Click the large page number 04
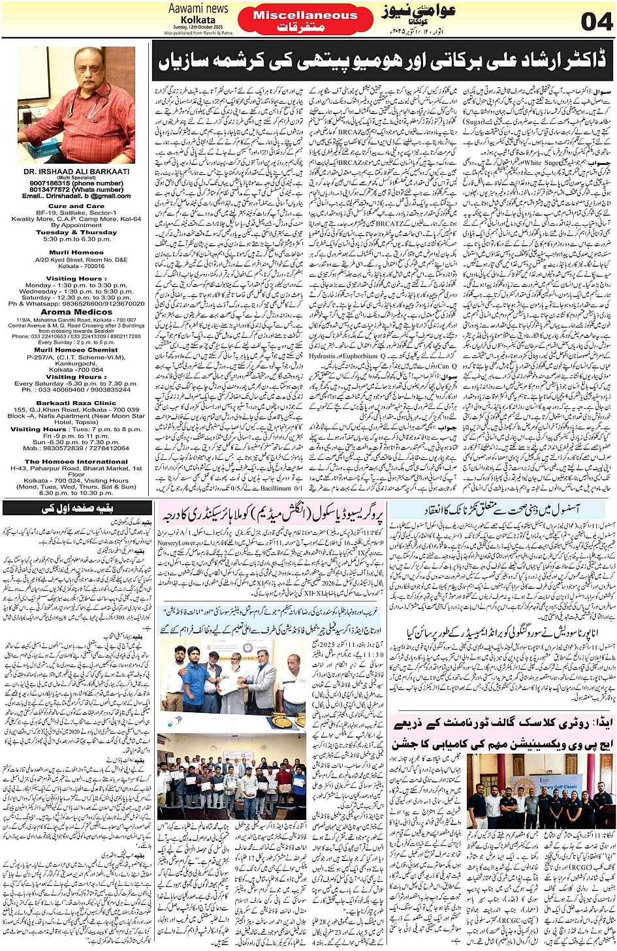point(595,22)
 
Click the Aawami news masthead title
point(198,8)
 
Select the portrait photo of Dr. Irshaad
point(76,104)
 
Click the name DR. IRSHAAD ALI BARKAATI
point(76,172)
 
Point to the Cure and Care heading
point(76,206)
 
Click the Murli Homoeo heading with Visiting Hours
point(76,252)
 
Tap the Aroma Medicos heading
point(76,312)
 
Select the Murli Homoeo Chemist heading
point(76,350)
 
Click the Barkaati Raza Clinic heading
point(76,403)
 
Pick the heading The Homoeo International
point(76,461)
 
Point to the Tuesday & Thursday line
point(76,232)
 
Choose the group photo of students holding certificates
point(232,776)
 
